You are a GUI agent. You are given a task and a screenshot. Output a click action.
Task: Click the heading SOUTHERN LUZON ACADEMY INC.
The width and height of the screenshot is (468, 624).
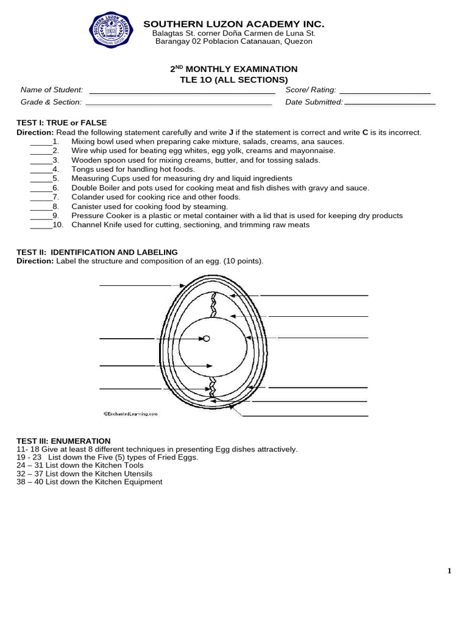pyautogui.click(x=233, y=24)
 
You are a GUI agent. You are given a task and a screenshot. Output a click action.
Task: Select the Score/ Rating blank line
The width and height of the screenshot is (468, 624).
pyautogui.click(x=388, y=93)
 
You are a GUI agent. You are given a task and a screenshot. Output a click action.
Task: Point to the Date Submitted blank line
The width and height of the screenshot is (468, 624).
pyautogui.click(x=390, y=105)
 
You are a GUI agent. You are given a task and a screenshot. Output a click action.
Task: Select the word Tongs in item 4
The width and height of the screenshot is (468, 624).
pyautogui.click(x=82, y=169)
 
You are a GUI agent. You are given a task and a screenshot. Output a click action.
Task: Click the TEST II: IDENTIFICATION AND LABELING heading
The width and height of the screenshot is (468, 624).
pyautogui.click(x=97, y=252)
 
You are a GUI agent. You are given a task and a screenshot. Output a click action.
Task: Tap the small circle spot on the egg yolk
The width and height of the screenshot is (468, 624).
pyautogui.click(x=207, y=338)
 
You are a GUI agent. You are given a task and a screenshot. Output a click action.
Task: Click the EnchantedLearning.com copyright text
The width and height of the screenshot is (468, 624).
pyautogui.click(x=130, y=413)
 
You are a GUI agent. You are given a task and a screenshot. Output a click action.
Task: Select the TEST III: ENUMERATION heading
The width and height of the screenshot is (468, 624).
pyautogui.click(x=63, y=441)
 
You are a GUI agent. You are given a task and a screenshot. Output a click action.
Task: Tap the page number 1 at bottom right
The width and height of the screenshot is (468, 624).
pyautogui.click(x=450, y=571)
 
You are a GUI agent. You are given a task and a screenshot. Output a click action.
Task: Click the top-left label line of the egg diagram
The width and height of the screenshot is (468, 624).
pyautogui.click(x=135, y=285)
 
